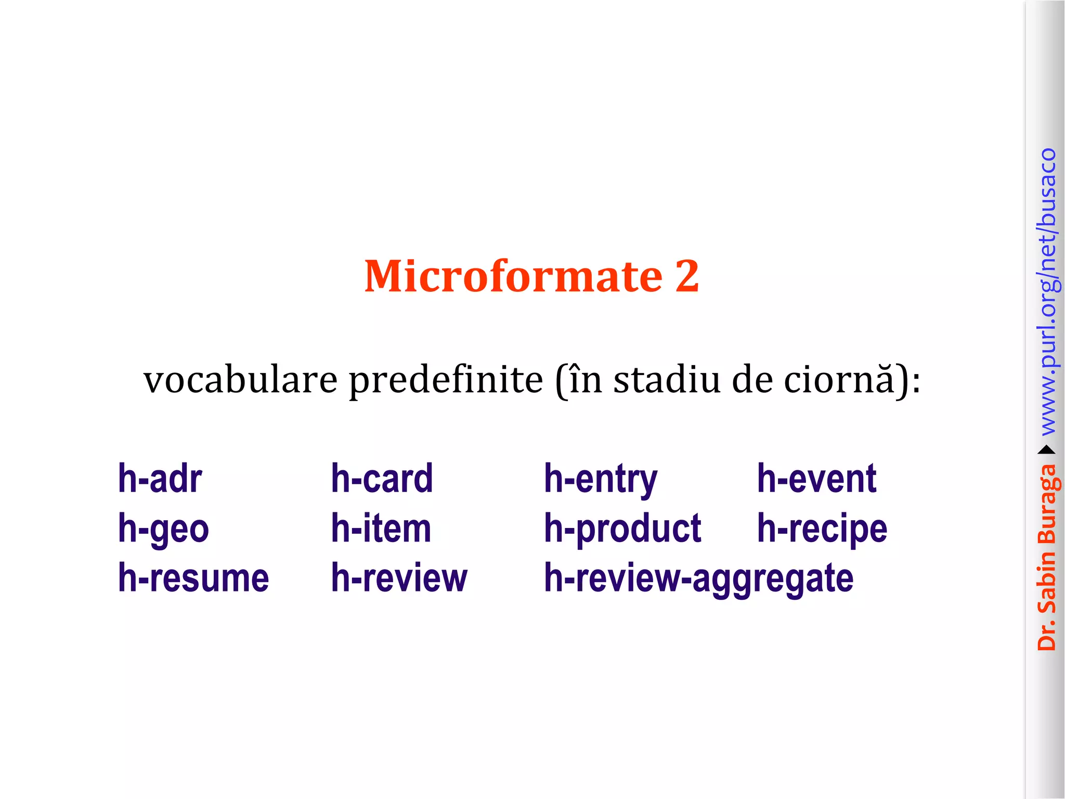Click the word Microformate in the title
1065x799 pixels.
[x=513, y=276]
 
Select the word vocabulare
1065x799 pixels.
[x=240, y=380]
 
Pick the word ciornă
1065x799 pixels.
[x=840, y=380]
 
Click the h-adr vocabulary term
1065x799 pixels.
[x=160, y=479]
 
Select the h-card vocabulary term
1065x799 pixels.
[x=382, y=479]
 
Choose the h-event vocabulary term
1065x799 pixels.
[x=816, y=479]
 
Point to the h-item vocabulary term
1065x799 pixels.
[x=381, y=529]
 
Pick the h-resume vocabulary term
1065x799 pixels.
[x=193, y=578]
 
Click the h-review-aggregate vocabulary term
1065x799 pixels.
[x=698, y=579]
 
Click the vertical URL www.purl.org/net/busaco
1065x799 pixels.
[x=1047, y=291]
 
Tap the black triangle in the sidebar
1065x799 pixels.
[x=1046, y=450]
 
